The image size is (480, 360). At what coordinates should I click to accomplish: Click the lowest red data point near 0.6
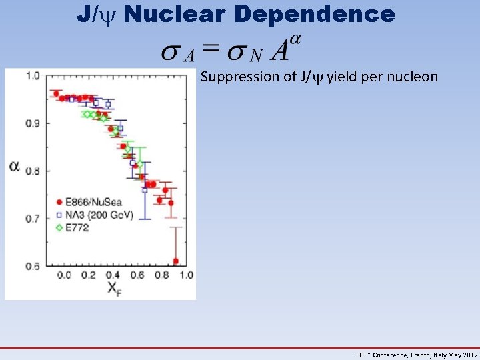[175, 261]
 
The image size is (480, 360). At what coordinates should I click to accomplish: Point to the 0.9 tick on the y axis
[33, 123]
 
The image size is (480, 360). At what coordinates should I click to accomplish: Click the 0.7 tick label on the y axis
[33, 218]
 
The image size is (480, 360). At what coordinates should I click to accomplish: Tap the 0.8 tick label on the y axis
[33, 171]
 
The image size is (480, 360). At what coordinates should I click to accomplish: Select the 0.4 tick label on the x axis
[113, 275]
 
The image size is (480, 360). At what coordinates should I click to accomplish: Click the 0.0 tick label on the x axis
[64, 275]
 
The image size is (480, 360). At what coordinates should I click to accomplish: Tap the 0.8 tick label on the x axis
[161, 275]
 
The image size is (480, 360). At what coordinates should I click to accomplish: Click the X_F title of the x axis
[112, 289]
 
